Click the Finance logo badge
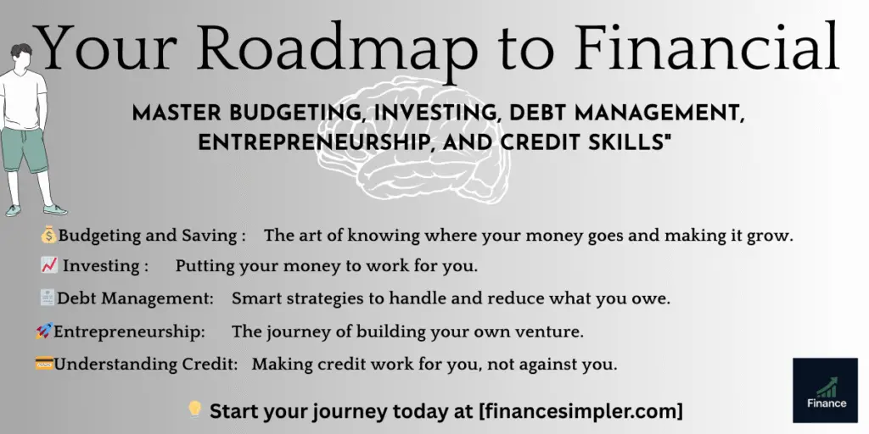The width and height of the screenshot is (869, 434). tap(825, 390)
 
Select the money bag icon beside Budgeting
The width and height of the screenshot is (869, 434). tap(48, 235)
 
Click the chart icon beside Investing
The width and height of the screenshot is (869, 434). tap(48, 265)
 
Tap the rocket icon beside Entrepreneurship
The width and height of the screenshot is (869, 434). tap(44, 331)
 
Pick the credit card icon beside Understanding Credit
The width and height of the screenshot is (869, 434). tap(44, 364)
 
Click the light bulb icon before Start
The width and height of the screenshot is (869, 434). tap(194, 410)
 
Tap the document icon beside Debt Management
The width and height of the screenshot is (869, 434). tap(48, 298)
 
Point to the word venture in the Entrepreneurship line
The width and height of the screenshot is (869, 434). tap(552, 331)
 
